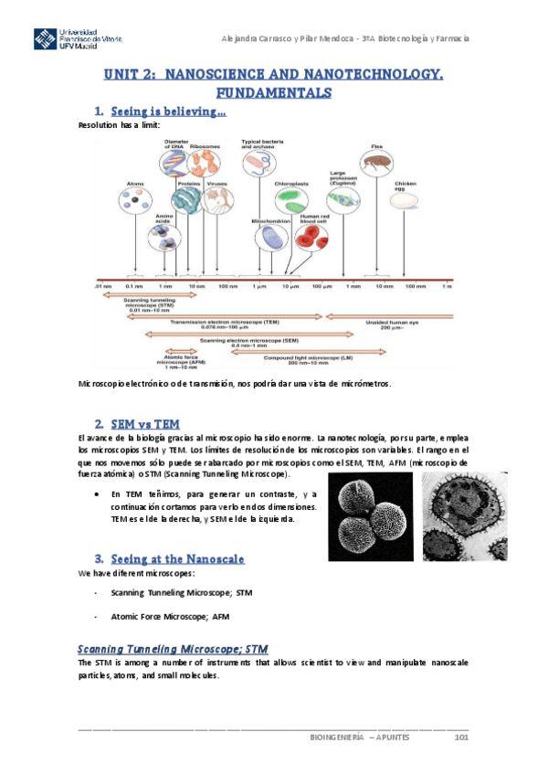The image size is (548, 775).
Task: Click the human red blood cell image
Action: [309, 236]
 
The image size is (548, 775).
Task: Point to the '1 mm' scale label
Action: [353, 286]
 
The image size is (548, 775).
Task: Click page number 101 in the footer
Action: [461, 737]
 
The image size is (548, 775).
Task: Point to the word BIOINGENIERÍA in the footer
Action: [337, 737]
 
